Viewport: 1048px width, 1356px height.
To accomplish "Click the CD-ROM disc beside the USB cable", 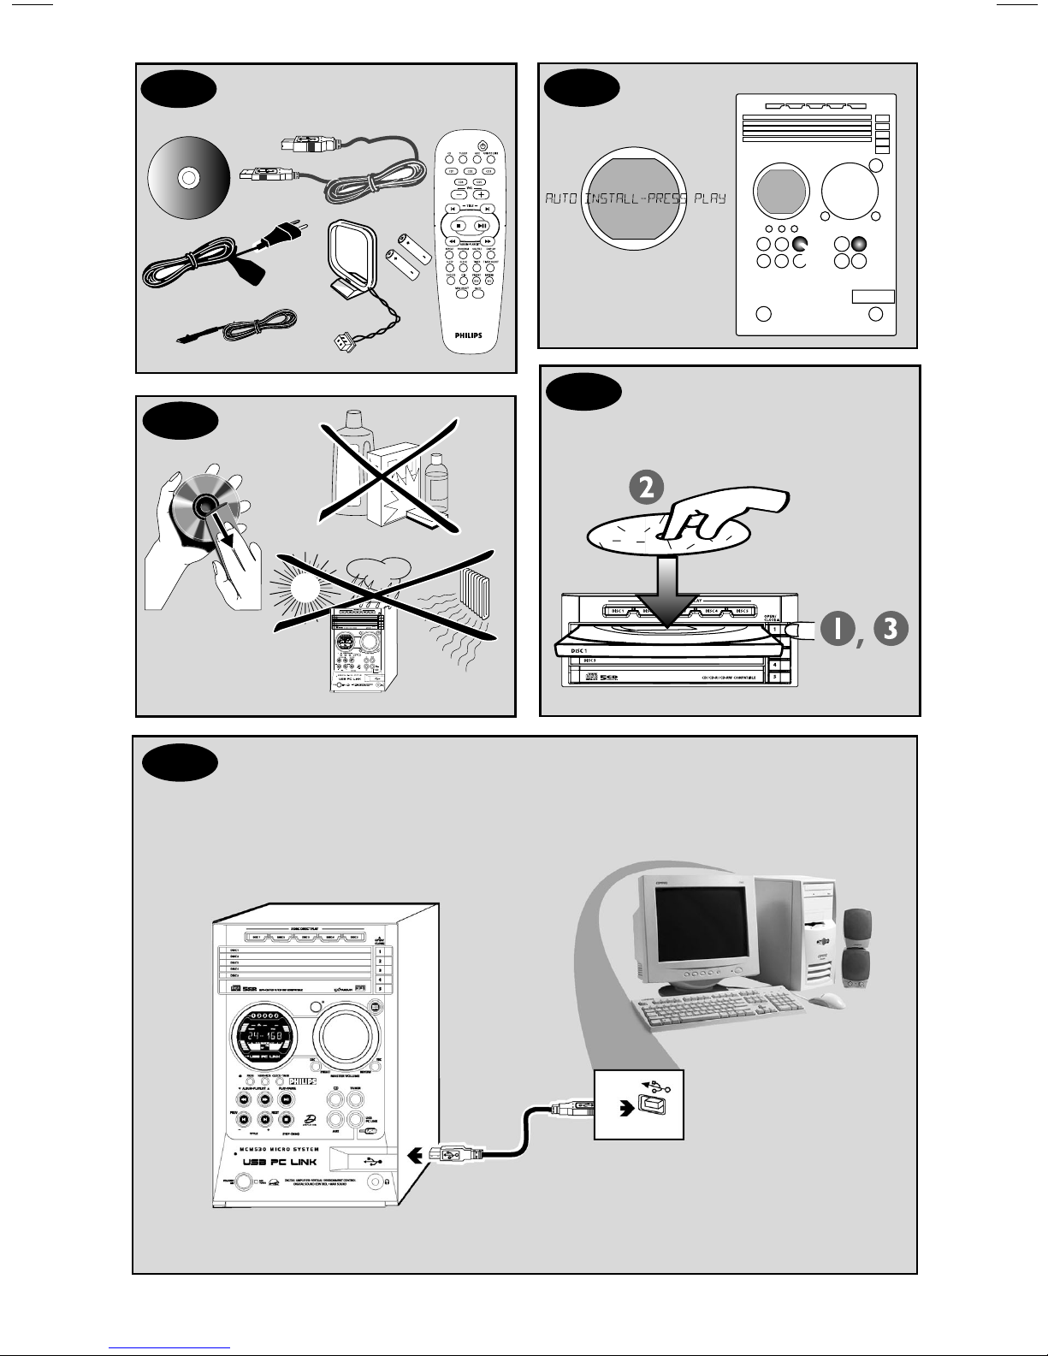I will point(188,180).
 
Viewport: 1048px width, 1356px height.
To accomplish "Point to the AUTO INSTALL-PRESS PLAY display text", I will point(635,198).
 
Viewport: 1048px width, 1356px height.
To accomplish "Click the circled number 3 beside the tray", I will point(891,628).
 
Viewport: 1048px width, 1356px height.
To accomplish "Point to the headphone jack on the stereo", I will point(375,1181).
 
